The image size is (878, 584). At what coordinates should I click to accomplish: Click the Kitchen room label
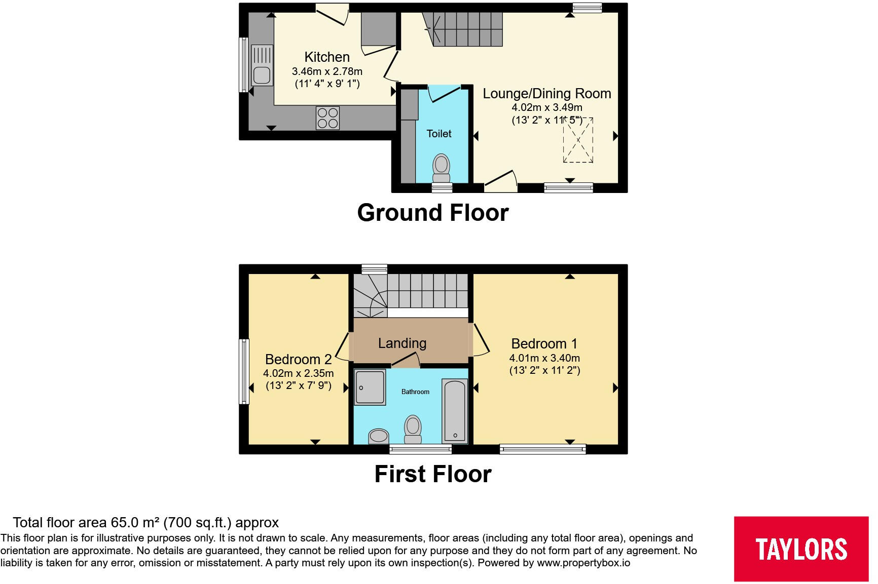327,57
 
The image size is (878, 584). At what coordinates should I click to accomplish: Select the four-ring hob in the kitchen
327,118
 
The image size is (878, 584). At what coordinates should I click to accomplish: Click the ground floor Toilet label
438,134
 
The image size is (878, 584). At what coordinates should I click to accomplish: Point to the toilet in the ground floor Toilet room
441,167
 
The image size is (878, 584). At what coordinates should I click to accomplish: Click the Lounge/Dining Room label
546,94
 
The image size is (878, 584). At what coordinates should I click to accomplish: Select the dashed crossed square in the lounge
578,140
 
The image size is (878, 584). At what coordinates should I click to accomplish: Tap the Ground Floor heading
432,213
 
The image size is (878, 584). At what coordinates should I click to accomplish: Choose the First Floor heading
432,474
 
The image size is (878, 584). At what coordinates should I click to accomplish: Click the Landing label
402,343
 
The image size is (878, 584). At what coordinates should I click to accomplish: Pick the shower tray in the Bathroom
370,387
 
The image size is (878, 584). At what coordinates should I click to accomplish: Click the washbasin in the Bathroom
378,436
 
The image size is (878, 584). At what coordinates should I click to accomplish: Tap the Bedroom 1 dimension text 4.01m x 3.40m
544,358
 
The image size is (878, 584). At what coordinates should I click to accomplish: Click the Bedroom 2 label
298,360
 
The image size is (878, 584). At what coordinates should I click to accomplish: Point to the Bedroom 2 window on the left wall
244,371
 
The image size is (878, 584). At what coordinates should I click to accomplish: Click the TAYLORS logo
801,549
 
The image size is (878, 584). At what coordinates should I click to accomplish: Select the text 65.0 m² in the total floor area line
135,523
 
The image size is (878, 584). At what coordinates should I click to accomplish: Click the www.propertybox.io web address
583,563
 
